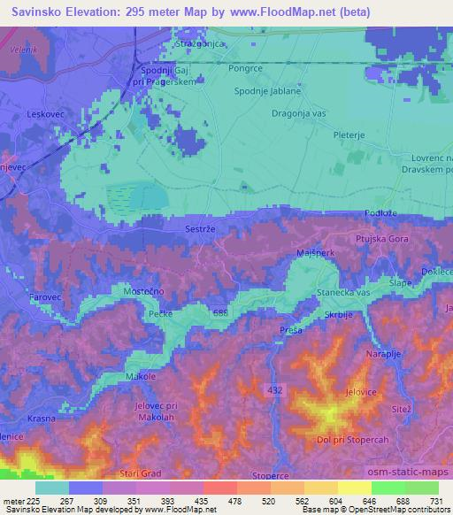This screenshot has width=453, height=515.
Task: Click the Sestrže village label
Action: (201, 228)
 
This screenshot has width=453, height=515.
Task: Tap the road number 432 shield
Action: (274, 389)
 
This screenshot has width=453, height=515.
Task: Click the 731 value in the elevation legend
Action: (437, 502)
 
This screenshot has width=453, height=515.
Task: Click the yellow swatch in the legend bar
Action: (353, 488)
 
